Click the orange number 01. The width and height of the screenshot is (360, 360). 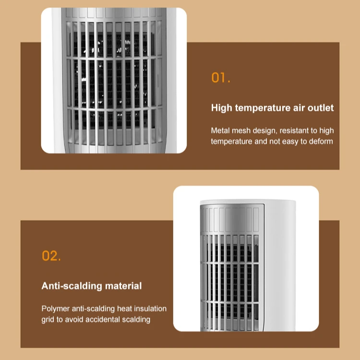(221, 78)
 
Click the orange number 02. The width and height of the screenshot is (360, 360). (51, 256)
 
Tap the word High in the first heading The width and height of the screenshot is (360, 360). (222, 108)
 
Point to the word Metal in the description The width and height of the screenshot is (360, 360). (221, 131)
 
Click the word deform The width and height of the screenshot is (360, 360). (321, 141)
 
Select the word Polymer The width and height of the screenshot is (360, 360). (56, 309)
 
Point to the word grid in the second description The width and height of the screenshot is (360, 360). (48, 319)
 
